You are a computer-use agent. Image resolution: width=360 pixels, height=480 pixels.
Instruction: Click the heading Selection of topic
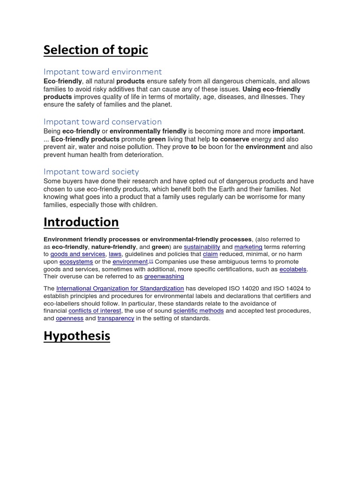coord(96,50)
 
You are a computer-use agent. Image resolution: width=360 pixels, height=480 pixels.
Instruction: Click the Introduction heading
coord(81,222)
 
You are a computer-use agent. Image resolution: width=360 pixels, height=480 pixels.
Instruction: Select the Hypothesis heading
coord(77,336)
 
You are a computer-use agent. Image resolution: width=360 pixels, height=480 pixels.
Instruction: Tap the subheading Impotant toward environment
coord(103,72)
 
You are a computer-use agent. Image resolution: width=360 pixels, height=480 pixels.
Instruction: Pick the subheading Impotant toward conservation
coord(103,121)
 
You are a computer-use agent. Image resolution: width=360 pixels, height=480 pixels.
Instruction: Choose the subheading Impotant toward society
coord(91,172)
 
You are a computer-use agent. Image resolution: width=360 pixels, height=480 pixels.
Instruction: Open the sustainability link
coord(202,247)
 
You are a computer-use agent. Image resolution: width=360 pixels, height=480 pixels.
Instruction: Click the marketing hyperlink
coord(248,247)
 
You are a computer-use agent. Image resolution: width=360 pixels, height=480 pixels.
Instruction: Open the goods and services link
coord(78,254)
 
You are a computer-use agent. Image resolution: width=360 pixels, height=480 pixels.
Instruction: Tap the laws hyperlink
coord(115,254)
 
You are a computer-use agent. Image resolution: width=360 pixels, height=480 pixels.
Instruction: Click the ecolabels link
coord(293,269)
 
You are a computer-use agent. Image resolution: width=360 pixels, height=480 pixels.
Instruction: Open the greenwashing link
coord(164,277)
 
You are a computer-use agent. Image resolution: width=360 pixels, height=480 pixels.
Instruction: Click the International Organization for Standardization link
coord(120,288)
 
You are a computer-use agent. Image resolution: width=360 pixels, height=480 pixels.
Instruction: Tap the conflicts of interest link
coord(95,311)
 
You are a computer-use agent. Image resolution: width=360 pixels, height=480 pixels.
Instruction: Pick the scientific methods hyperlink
coord(198,311)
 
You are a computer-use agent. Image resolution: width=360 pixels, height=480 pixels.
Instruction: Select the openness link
coord(69,318)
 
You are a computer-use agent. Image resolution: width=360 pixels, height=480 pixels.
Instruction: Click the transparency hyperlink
coord(116,318)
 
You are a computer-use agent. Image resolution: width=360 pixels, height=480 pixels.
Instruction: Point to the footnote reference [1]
coord(151,261)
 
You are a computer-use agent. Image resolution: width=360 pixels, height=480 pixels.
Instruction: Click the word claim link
coord(210,254)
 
